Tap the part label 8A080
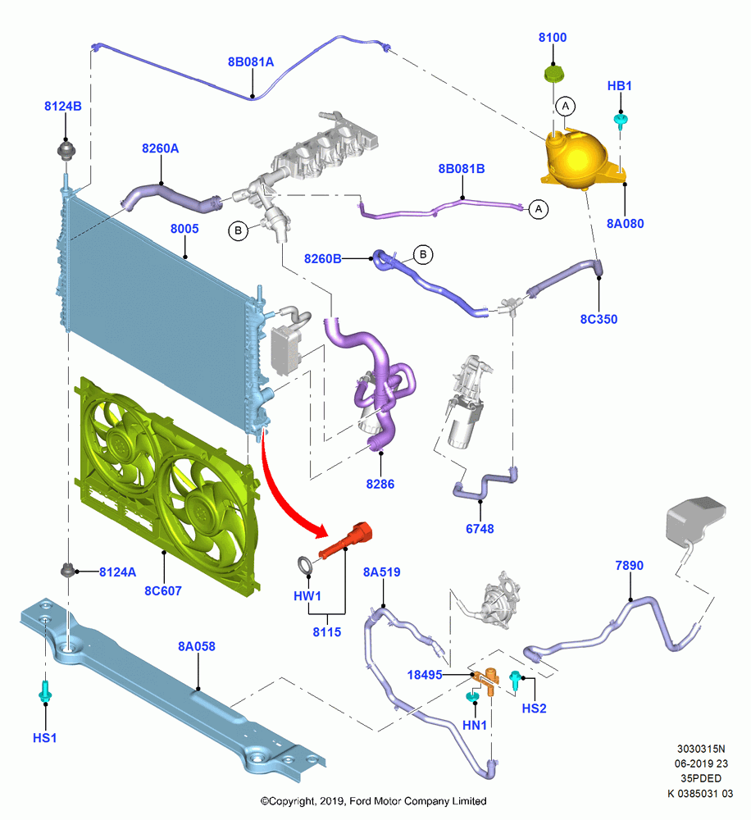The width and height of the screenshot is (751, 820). tap(625, 223)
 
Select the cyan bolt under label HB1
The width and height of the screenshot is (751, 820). tap(621, 121)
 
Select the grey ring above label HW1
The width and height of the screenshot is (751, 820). tap(305, 565)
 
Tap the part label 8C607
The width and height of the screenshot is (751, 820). tap(163, 591)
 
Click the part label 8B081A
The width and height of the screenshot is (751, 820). tap(251, 61)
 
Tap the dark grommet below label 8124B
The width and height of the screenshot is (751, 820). tap(66, 151)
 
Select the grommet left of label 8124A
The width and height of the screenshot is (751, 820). tap(67, 570)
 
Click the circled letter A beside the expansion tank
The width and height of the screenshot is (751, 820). tap(566, 106)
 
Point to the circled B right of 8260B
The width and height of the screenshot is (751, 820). tap(423, 255)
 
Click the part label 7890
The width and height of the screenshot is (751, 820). tap(629, 565)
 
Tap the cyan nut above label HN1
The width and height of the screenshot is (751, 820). tap(473, 696)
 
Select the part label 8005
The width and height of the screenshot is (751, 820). tap(184, 229)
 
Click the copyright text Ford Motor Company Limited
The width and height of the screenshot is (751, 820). tap(418, 801)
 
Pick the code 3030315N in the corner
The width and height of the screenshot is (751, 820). tap(701, 749)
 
